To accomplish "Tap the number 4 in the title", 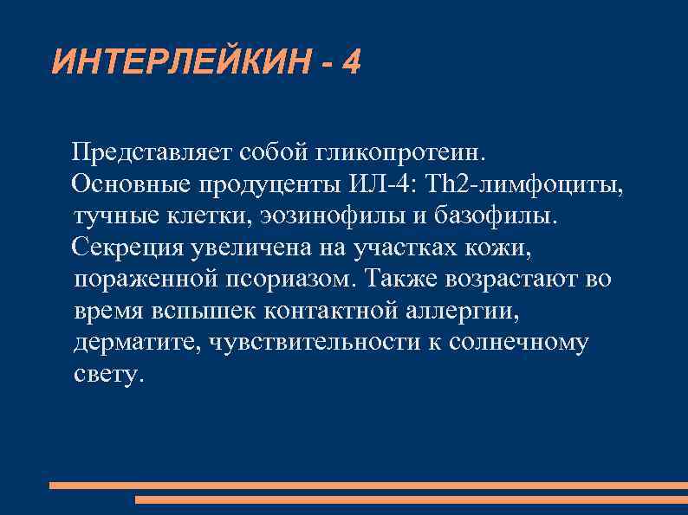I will coord(351,62).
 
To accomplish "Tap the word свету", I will coord(105,375).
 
